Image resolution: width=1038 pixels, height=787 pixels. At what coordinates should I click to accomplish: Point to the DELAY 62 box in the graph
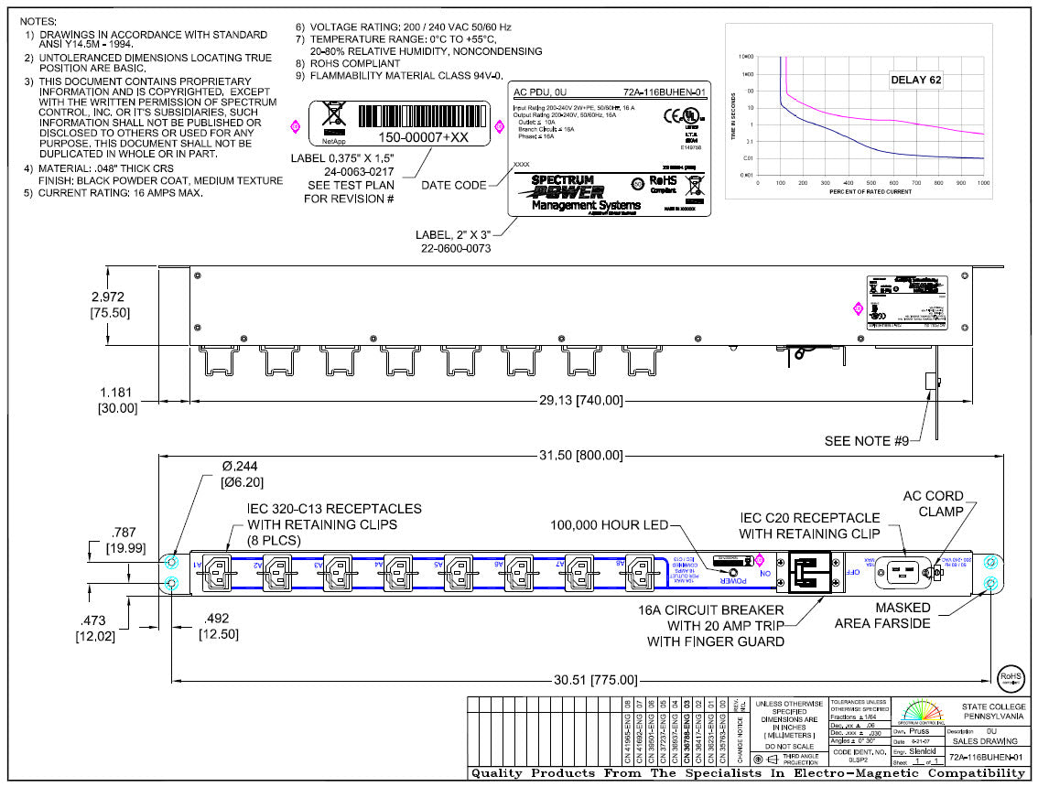915,80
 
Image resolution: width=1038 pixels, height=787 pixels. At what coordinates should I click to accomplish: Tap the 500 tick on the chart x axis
870,183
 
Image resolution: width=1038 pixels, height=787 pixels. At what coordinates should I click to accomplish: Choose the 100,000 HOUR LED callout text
609,524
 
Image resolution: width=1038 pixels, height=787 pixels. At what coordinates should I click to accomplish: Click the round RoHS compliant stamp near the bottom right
1009,678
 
